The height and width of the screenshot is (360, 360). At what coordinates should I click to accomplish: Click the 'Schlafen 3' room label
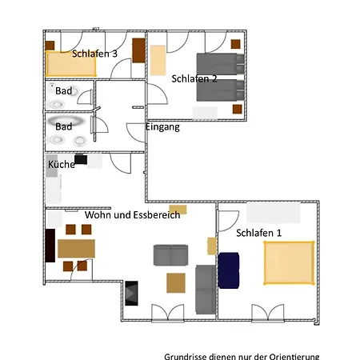94,54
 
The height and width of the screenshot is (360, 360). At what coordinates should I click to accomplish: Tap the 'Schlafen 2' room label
194,78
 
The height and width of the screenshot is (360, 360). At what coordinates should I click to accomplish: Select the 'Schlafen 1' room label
258,233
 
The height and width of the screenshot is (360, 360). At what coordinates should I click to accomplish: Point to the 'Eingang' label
162,127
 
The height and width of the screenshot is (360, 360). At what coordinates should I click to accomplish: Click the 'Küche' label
62,164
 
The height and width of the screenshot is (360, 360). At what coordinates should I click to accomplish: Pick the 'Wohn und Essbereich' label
133,214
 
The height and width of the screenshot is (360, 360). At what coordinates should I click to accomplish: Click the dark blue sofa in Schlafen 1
229,270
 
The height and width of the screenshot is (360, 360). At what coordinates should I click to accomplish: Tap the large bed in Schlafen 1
290,262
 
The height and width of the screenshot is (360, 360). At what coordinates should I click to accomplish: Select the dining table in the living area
76,249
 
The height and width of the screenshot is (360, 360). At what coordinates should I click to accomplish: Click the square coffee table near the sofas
176,282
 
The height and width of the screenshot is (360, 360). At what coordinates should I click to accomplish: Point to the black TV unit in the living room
131,293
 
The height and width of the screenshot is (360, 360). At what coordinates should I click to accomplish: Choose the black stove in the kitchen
81,159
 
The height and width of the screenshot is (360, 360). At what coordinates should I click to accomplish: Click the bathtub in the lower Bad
66,121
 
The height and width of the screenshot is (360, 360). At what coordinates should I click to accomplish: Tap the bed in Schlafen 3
70,63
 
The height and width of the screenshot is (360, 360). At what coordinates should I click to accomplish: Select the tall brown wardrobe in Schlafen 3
138,50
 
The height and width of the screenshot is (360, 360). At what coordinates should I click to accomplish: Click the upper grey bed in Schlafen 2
220,64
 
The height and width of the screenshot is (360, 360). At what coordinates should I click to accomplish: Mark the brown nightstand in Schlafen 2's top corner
236,44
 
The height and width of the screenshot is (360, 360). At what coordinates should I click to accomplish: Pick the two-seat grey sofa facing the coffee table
170,255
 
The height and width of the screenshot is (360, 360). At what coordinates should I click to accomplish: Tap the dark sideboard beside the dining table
50,246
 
